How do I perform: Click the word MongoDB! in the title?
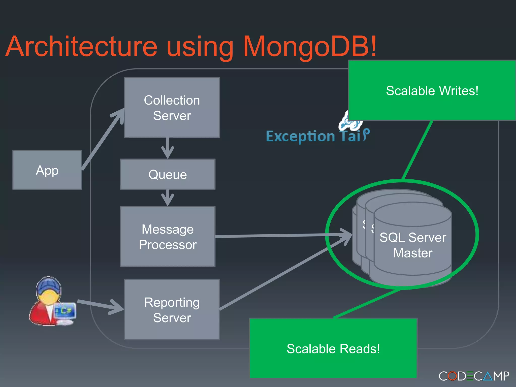coord(309,47)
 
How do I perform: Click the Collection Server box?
coord(172,108)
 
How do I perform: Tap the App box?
coord(47,170)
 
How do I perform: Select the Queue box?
coord(168,174)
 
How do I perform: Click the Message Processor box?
coord(168,237)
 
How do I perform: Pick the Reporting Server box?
coord(172,310)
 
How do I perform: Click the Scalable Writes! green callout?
coord(432,90)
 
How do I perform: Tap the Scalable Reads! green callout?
coord(333,348)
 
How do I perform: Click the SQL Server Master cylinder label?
coord(413,245)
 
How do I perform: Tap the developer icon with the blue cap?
coord(48,300)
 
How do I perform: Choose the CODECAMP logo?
coord(474,376)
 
